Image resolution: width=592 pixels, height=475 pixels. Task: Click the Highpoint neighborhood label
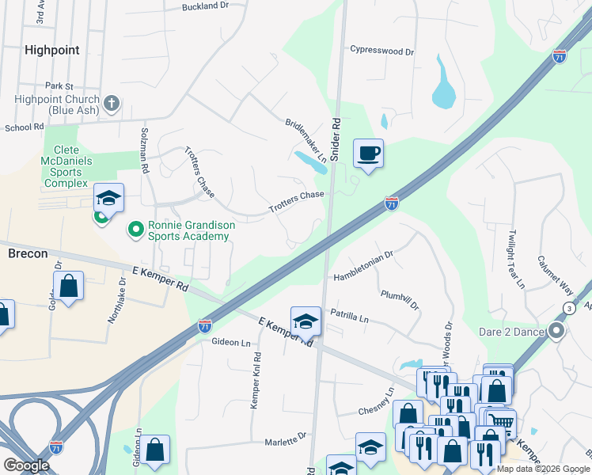tap(51, 50)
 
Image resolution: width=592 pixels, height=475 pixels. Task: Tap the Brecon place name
tap(28, 253)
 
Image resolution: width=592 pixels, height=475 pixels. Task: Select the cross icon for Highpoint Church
tap(112, 102)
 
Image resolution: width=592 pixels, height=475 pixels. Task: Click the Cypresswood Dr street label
tap(382, 51)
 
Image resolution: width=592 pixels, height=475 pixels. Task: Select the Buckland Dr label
tap(204, 6)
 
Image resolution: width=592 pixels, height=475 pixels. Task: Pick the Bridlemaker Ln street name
tap(306, 140)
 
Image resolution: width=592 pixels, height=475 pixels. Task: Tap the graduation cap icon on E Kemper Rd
tap(305, 320)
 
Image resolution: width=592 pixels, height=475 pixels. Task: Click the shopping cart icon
tap(501, 423)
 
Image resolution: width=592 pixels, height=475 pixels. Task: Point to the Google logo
tap(26, 465)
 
